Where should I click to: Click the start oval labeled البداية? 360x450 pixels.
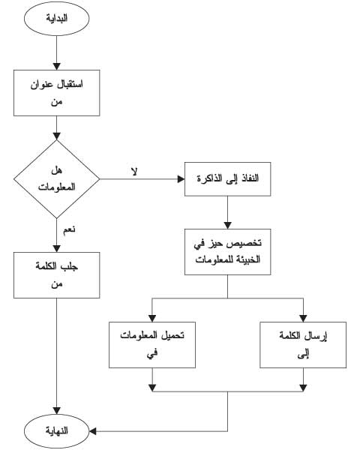(x=56, y=18)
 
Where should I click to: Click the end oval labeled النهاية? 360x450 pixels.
(x=56, y=431)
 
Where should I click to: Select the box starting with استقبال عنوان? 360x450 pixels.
(x=56, y=93)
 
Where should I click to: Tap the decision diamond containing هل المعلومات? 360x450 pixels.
(x=56, y=179)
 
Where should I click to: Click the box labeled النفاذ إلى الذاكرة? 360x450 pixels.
(x=227, y=179)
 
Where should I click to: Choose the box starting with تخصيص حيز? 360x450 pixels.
(x=227, y=252)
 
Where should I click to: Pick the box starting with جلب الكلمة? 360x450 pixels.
(x=56, y=275)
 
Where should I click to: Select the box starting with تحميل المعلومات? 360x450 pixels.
(x=152, y=345)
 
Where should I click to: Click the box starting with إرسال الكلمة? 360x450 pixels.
(x=303, y=345)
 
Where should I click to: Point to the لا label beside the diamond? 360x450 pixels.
(x=134, y=171)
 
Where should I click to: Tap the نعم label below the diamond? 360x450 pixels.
(x=69, y=230)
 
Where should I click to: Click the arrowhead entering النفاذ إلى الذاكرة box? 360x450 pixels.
(x=181, y=179)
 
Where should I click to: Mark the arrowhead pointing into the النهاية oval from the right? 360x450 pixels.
(x=93, y=431)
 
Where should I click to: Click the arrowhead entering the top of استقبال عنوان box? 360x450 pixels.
(x=56, y=66)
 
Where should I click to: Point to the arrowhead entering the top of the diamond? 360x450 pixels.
(x=56, y=136)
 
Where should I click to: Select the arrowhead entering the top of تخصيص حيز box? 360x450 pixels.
(x=227, y=225)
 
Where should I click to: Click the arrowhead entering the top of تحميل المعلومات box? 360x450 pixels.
(x=152, y=318)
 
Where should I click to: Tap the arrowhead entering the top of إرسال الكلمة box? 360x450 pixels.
(x=303, y=318)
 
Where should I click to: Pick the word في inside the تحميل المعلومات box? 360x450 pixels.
(x=152, y=353)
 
